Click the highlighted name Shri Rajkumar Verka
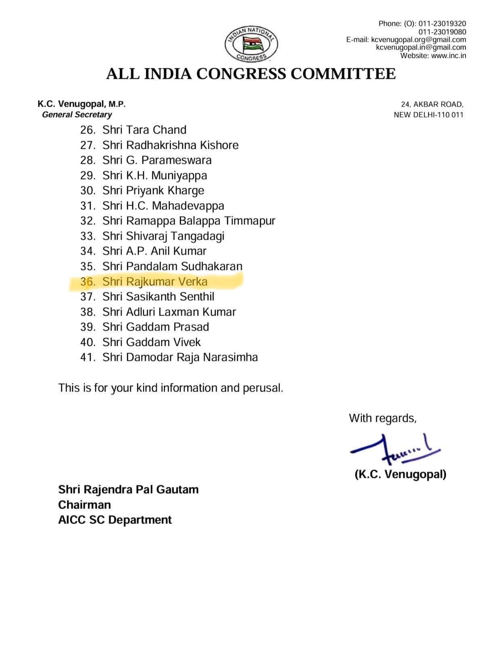pos(155,281)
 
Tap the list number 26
pos(88,130)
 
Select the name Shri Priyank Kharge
pos(153,190)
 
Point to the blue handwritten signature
pos(394,447)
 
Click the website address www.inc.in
pos(448,56)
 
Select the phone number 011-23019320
pos(442,24)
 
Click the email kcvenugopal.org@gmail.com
pos(418,40)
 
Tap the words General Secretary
pos(77,115)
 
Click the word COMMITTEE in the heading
pos(343,74)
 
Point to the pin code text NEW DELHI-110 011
pos(428,115)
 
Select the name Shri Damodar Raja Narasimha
pos(180,357)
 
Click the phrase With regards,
pos(382,418)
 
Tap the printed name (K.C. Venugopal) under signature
pos(400,474)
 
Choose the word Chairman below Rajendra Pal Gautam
pos(84,505)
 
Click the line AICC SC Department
pos(115,520)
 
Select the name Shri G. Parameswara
pos(157,160)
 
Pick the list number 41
pos(88,357)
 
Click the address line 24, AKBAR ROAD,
pos(432,104)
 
